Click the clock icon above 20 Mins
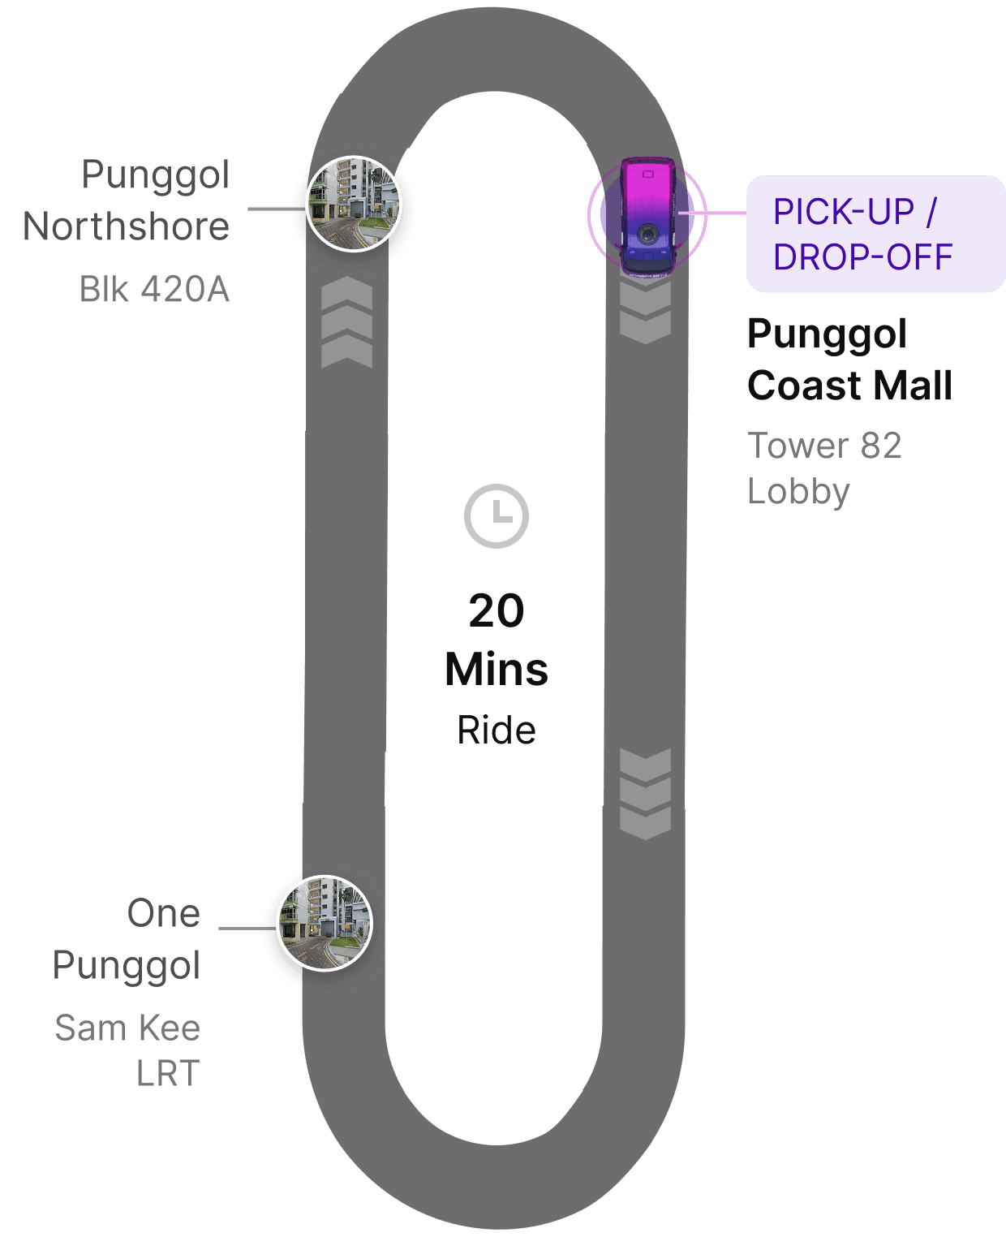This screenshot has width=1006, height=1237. (497, 516)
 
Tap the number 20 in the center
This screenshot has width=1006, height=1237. (497, 611)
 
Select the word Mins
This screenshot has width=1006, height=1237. (497, 670)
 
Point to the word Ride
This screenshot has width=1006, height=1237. (497, 731)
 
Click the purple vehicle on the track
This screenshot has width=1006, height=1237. (647, 216)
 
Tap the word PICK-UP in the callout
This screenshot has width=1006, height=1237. (843, 212)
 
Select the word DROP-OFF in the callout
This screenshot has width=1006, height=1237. (862, 257)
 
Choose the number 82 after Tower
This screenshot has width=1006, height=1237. (881, 446)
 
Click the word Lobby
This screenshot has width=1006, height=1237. (798, 492)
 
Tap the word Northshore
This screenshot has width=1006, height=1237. (127, 226)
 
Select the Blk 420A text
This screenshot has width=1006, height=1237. (154, 289)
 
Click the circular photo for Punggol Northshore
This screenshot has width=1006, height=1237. (354, 204)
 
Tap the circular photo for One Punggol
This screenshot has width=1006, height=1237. (325, 923)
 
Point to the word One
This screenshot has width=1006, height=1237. (164, 914)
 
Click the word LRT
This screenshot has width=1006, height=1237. (168, 1075)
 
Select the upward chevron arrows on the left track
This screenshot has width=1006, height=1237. (346, 322)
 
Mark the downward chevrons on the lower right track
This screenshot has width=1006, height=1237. (645, 794)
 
